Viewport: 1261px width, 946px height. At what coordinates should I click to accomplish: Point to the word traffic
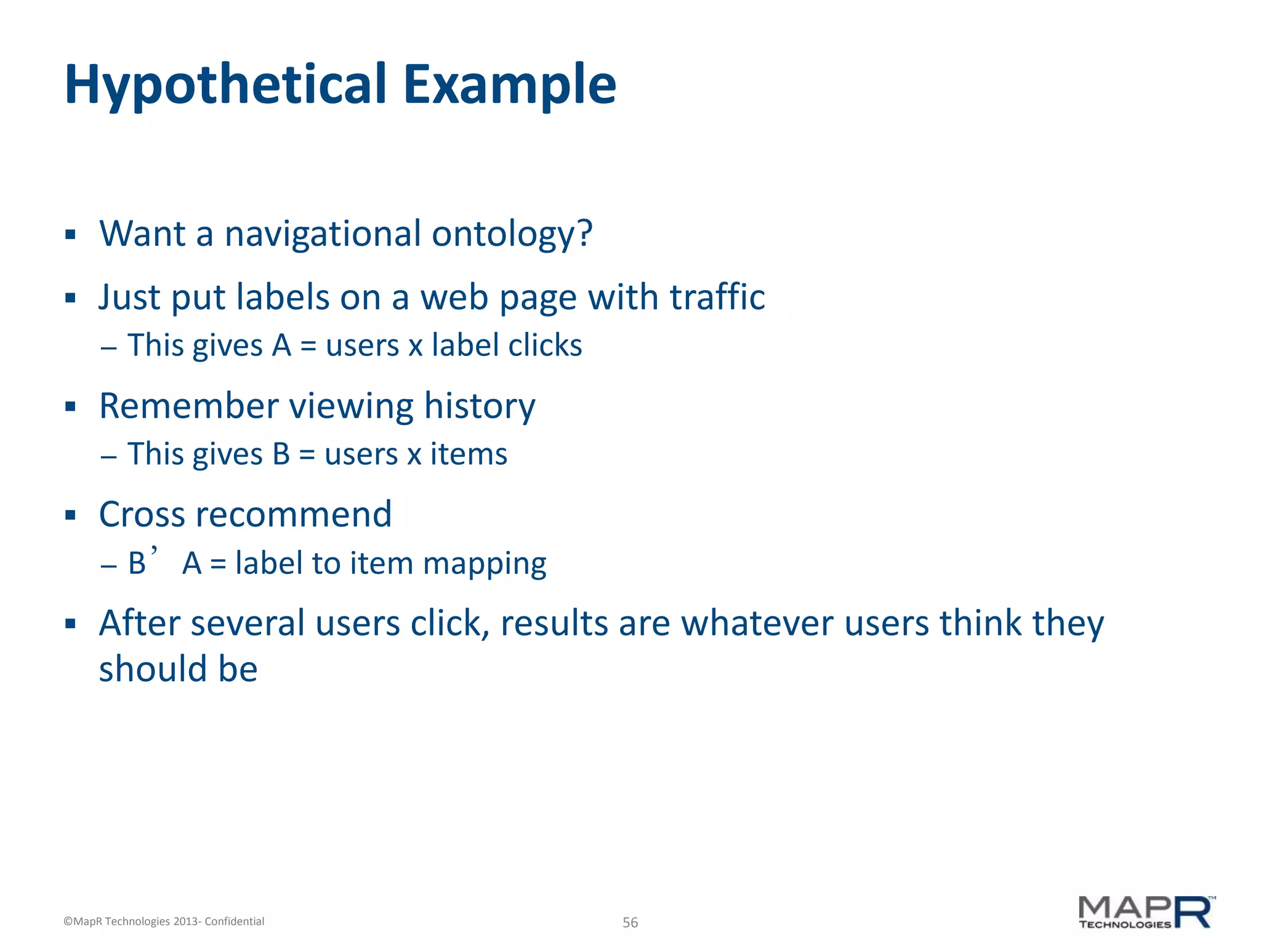click(x=717, y=297)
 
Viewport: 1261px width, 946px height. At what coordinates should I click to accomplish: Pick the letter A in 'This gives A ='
click(x=281, y=346)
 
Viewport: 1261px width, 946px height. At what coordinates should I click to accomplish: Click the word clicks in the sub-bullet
click(x=544, y=346)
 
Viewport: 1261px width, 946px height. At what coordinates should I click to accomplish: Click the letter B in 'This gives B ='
click(x=281, y=455)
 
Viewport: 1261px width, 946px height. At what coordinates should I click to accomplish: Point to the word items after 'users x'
click(x=469, y=455)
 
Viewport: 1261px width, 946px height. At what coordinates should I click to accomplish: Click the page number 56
click(x=630, y=923)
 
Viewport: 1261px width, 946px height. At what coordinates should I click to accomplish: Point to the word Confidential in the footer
click(x=235, y=921)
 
